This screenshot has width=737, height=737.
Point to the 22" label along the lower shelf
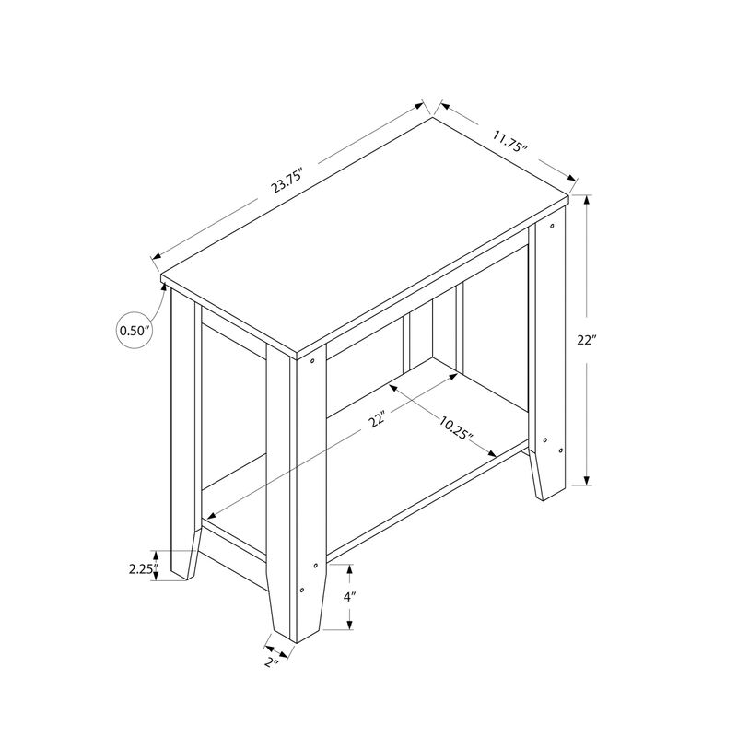tap(376, 421)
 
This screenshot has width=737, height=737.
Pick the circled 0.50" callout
tap(134, 330)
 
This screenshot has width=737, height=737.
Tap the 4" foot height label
tap(348, 597)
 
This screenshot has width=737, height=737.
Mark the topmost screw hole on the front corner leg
tap(312, 360)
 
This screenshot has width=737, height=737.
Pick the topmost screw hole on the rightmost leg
tap(553, 224)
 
